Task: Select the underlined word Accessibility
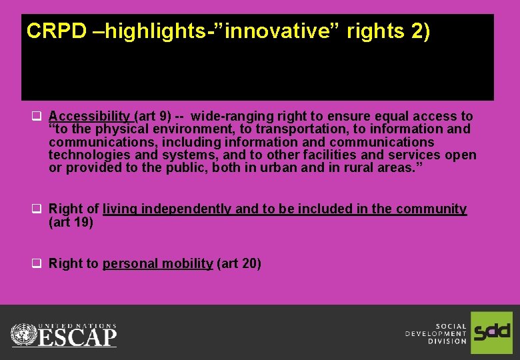click(x=89, y=117)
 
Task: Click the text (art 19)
click(x=71, y=222)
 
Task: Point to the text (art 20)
click(x=239, y=264)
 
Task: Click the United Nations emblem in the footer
click(x=24, y=333)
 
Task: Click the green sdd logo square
click(x=491, y=332)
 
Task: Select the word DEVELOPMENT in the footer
click(x=436, y=333)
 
